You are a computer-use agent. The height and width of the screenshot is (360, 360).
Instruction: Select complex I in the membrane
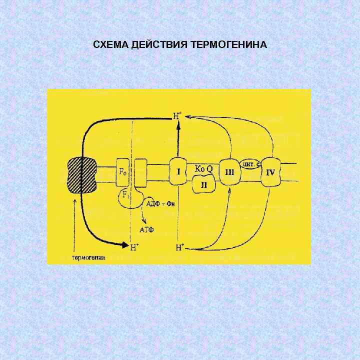pyautogui.click(x=178, y=172)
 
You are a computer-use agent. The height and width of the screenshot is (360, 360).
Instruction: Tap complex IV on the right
pyautogui.click(x=270, y=172)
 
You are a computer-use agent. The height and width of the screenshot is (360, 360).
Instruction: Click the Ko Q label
pyautogui.click(x=203, y=169)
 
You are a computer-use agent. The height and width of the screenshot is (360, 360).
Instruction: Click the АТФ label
pyautogui.click(x=145, y=229)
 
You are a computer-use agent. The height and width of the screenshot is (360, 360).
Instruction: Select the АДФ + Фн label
pyautogui.click(x=159, y=203)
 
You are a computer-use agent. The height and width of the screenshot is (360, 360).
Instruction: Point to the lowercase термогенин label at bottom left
pyautogui.click(x=89, y=258)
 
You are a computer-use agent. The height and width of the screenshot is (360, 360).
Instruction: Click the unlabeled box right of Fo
pyautogui.click(x=141, y=172)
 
